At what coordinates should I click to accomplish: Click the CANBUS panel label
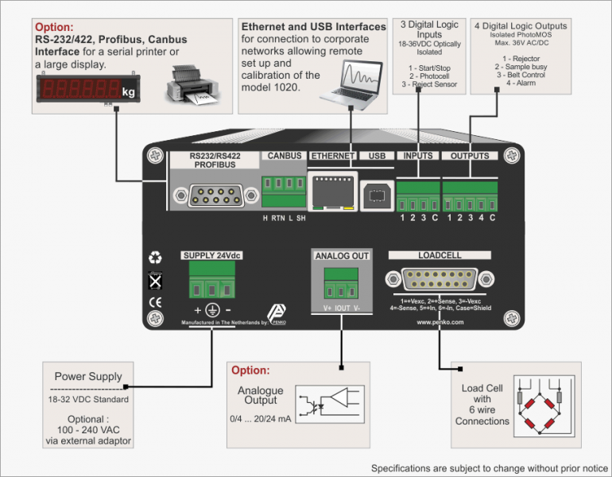click(x=284, y=156)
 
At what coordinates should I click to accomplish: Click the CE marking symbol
click(x=156, y=302)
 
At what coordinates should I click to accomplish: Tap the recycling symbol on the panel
click(x=156, y=258)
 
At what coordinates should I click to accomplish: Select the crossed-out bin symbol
click(x=156, y=281)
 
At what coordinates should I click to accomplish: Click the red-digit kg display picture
click(x=87, y=89)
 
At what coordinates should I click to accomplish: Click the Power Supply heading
click(x=88, y=377)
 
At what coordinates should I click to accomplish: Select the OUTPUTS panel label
click(x=470, y=156)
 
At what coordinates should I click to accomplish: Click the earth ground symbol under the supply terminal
click(x=212, y=309)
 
